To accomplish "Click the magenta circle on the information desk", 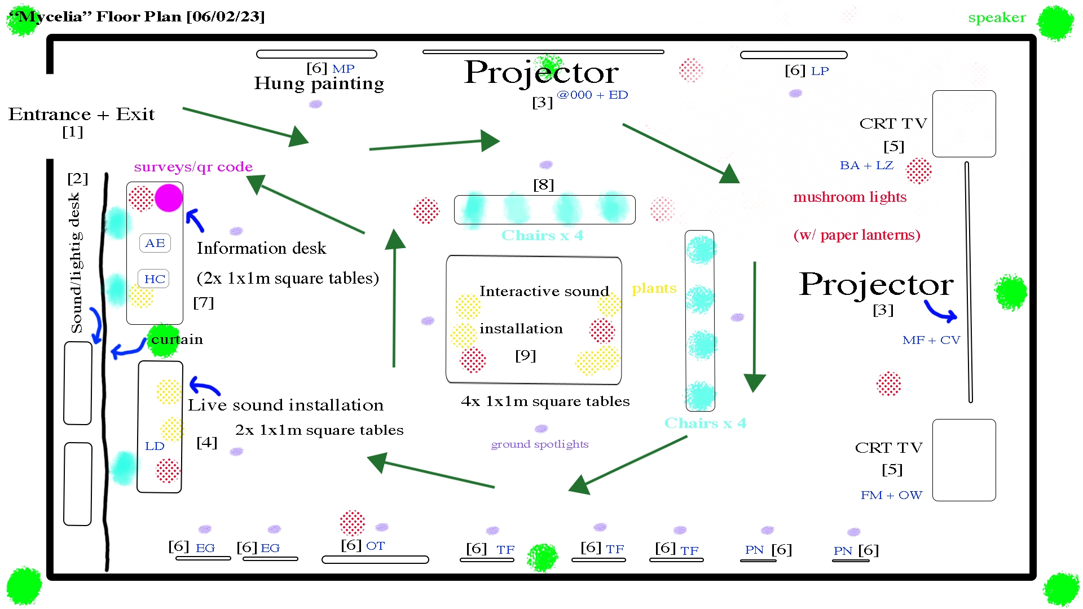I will (x=169, y=198).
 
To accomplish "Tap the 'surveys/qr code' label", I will (x=193, y=167).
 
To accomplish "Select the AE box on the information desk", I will (x=155, y=243).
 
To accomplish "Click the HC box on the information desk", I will (x=154, y=279).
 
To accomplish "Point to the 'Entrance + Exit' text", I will (x=81, y=114).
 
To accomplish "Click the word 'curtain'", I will (x=177, y=339).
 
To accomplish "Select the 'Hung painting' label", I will (x=319, y=83).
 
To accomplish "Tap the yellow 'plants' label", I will (x=654, y=289).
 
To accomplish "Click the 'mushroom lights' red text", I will (x=849, y=197).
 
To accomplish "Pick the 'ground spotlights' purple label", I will (x=540, y=444).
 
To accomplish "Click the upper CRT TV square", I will (x=964, y=123).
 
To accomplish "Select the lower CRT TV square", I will (x=964, y=460).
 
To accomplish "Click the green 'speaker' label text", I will (x=997, y=17).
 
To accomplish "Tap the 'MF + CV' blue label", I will (x=931, y=340).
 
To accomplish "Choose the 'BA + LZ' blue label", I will (x=866, y=165).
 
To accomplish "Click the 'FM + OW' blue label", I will (x=891, y=495).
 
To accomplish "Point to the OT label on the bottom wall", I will (x=375, y=546).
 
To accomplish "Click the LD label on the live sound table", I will (x=155, y=446).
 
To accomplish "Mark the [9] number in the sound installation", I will (x=525, y=355).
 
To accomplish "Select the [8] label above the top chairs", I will (x=544, y=184).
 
